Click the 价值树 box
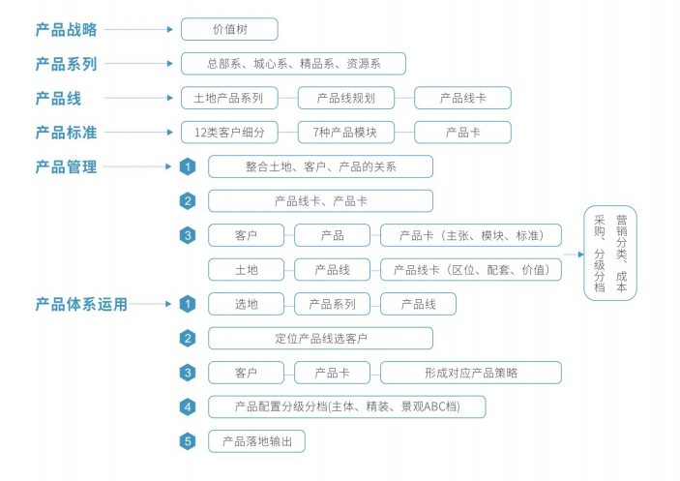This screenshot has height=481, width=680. pos(229,29)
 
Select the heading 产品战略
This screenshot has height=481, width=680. pos(66,30)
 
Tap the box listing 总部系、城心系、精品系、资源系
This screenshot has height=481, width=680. pos(293,64)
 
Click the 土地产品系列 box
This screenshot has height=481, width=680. pos(229,98)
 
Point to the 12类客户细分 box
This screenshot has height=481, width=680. pos(229,132)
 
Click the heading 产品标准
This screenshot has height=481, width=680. pos(66,133)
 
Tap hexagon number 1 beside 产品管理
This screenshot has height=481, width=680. pos(189,166)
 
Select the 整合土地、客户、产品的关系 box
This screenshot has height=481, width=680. pos(320,166)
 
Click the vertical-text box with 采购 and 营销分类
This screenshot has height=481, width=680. pos(609,253)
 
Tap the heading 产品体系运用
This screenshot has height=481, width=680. pos(81,304)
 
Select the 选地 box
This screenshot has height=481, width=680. pos(247,304)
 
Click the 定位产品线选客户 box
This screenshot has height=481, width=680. pos(320,338)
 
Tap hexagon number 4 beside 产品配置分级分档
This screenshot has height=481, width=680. pos(189,406)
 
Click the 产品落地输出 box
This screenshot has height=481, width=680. pos(256,441)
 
